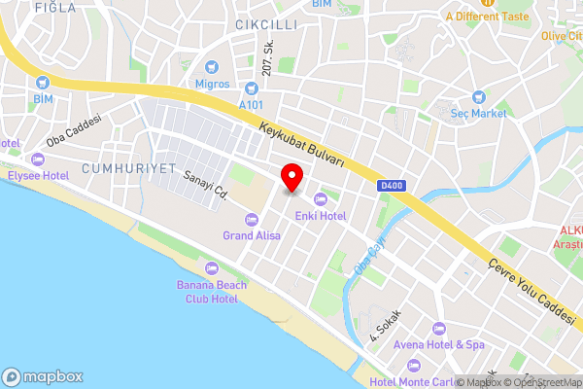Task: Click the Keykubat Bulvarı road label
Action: tap(303, 146)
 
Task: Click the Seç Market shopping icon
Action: tap(479, 97)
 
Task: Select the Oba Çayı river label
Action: tap(369, 254)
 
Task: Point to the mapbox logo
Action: tap(43, 376)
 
